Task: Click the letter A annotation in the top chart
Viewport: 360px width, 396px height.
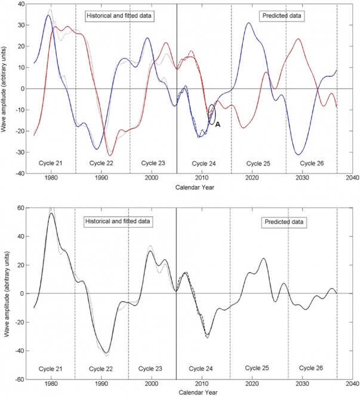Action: coord(218,124)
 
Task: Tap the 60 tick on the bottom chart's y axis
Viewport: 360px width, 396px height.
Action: coord(20,208)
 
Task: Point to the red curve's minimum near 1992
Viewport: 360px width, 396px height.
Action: coord(109,154)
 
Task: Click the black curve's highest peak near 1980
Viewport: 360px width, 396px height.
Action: coord(51,213)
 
